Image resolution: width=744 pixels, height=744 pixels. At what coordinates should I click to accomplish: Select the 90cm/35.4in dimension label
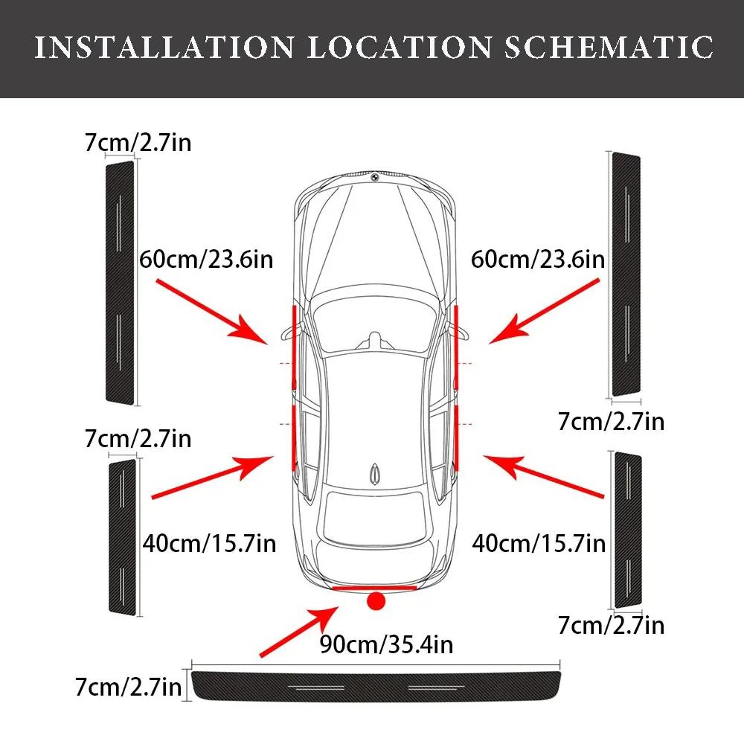[x=385, y=644]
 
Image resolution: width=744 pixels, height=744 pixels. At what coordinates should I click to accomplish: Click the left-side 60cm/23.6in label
[x=206, y=260]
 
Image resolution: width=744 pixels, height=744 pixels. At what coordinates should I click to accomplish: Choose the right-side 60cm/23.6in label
[x=538, y=260]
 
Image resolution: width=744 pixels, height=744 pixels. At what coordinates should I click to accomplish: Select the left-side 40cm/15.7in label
[x=209, y=543]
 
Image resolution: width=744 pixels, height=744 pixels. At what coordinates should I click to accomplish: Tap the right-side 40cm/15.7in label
[x=539, y=543]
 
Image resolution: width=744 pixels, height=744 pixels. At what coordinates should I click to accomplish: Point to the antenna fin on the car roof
[x=376, y=473]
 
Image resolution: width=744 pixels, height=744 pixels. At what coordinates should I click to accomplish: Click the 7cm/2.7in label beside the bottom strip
[x=128, y=686]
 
